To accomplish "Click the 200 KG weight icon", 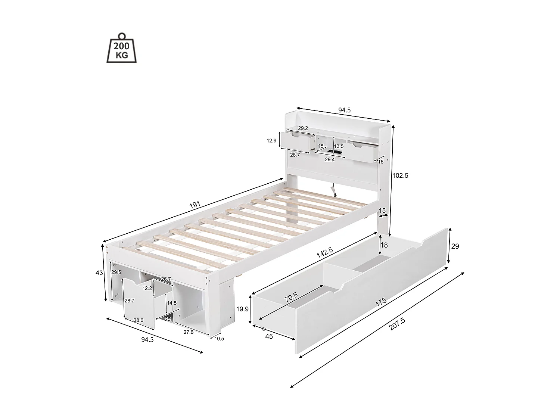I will (x=122, y=49).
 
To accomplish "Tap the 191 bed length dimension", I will (x=195, y=205).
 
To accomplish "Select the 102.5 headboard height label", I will (x=400, y=175).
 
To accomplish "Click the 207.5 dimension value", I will (x=397, y=324).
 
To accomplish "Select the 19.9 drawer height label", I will (x=243, y=309).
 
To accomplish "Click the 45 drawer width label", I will (x=269, y=336).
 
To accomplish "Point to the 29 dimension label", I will (x=455, y=246).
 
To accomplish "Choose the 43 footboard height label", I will (x=99, y=273).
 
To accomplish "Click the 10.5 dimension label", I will (x=220, y=339).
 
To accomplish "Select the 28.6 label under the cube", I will (x=139, y=320).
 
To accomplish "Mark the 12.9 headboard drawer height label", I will (x=272, y=141).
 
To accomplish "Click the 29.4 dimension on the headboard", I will (x=329, y=159).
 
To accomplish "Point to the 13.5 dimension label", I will (x=339, y=146).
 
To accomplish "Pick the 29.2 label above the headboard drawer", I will (x=303, y=128).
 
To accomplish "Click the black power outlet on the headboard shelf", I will (x=337, y=152).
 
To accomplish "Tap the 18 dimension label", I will (x=384, y=245).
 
